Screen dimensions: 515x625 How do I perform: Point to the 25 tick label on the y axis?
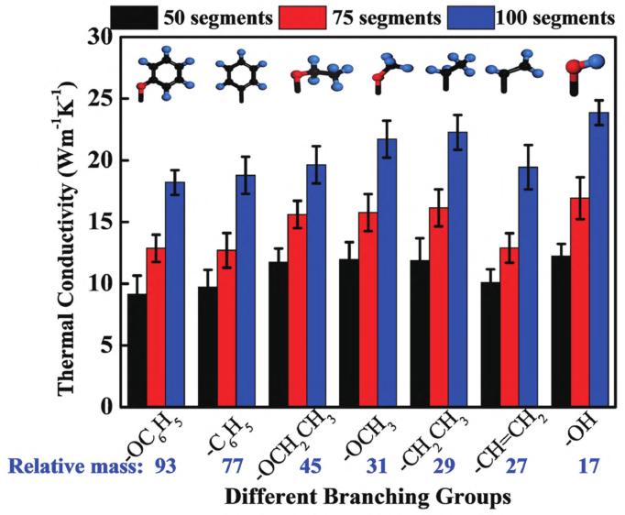pyautogui.click(x=108, y=98)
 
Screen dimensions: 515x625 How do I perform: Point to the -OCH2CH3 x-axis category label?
pyautogui.click(x=299, y=437)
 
